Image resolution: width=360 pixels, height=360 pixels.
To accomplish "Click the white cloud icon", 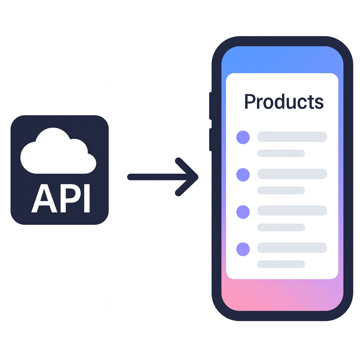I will [x=58, y=153].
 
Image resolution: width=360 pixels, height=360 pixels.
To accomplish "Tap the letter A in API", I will [x=44, y=199].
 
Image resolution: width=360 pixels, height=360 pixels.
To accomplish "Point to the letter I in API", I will [x=87, y=199].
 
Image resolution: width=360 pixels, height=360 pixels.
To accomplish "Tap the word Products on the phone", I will [x=284, y=101].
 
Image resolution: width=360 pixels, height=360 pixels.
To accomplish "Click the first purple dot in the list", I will [x=243, y=137].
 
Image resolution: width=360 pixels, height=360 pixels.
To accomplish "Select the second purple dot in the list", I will [x=243, y=174].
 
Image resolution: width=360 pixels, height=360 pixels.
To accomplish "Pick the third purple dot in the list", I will [x=243, y=212].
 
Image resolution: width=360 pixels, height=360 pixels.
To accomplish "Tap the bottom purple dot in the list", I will [x=243, y=249].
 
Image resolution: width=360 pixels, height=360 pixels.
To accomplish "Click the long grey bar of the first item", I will [x=292, y=137].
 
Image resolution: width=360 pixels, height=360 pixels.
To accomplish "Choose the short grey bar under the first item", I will [x=281, y=153].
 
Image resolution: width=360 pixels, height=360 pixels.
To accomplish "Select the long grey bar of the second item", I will [x=292, y=174].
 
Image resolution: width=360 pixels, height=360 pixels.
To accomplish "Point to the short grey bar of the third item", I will [x=281, y=227].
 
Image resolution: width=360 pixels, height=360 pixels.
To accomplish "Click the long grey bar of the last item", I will [x=292, y=248].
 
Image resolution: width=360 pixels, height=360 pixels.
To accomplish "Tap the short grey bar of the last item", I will [x=281, y=264].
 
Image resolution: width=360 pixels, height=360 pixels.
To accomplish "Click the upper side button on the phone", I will [x=211, y=105].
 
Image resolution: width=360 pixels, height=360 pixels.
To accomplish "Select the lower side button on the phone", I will [x=211, y=140].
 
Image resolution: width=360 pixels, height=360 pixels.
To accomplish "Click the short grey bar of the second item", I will [x=281, y=190].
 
